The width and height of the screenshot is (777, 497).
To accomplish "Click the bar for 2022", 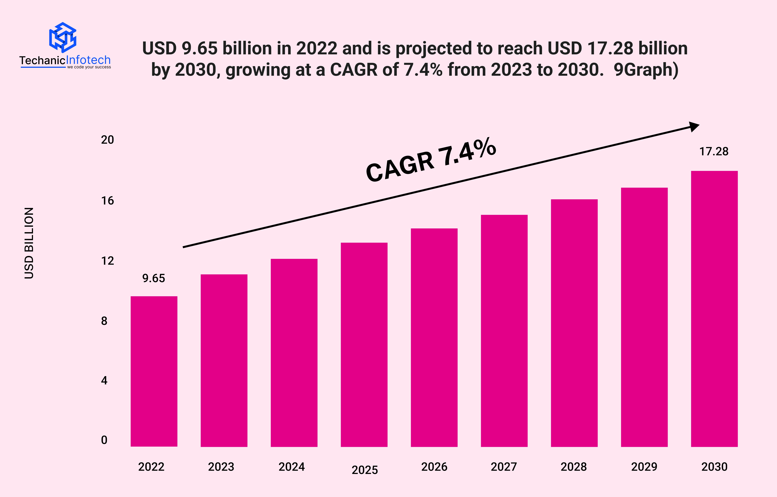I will click(x=154, y=371).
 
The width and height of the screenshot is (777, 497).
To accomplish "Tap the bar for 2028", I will click(x=574, y=323).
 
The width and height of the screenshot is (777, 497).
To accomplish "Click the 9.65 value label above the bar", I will click(x=154, y=278).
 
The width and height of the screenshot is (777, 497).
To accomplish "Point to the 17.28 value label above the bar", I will click(x=714, y=151).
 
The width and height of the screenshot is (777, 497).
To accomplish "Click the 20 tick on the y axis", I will click(x=107, y=140).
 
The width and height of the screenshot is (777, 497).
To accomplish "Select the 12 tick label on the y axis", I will click(x=107, y=261).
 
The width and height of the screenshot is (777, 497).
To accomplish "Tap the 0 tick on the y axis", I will click(x=104, y=440).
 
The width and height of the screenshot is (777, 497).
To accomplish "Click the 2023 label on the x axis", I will click(x=221, y=467).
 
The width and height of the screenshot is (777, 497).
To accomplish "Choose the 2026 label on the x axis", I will click(x=434, y=467).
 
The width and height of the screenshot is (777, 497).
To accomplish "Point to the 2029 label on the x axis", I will click(x=644, y=467).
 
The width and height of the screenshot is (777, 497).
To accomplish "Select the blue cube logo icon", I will click(x=63, y=37).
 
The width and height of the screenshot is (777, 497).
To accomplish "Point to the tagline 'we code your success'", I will click(x=89, y=67).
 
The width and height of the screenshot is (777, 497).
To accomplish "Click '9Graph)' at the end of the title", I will click(x=646, y=70).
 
